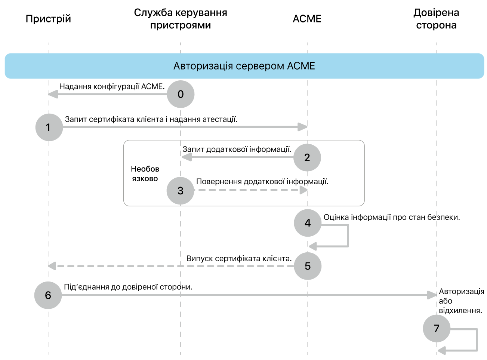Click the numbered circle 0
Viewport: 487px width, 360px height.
181,94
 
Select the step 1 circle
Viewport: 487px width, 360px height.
49,127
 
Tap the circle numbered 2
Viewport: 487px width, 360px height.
307,157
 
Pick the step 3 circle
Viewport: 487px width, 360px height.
181,191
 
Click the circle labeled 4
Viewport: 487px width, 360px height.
308,223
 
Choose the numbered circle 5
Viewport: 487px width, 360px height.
308,266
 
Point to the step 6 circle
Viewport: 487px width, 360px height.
48,295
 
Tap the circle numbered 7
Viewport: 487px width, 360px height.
436,329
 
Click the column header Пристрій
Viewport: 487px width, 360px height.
48,19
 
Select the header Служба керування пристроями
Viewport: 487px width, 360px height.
181,19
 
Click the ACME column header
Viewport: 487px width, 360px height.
307,19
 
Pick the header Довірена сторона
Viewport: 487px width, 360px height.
436,19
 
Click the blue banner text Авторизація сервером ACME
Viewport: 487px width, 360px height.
244,66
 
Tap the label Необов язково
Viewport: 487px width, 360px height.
145,174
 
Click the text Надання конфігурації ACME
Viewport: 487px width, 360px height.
112,87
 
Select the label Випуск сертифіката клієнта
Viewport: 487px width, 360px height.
239,258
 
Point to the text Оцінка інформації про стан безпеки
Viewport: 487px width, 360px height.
392,217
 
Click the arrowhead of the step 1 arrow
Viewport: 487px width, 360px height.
302,127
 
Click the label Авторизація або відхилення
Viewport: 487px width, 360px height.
461,301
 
